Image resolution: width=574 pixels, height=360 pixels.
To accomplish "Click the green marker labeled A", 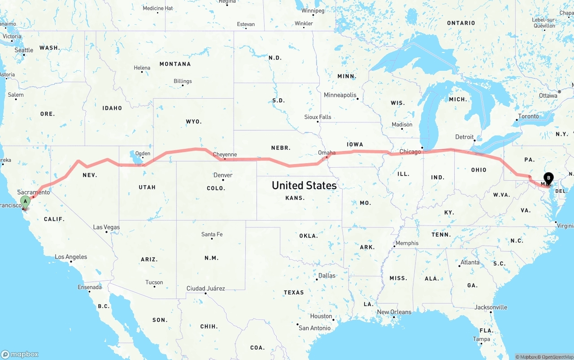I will [x=26, y=202].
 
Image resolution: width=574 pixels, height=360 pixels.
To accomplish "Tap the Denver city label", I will [x=223, y=175].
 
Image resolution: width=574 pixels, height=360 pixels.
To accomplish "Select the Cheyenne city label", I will [x=225, y=155].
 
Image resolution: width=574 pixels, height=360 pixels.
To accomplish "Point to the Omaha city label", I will [x=326, y=153].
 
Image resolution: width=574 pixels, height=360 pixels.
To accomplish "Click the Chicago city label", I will [x=410, y=152].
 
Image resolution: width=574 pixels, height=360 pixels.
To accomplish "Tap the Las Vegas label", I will [x=106, y=227].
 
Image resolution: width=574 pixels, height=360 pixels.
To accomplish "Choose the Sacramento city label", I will [x=34, y=192].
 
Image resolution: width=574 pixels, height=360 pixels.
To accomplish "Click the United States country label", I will [x=304, y=185].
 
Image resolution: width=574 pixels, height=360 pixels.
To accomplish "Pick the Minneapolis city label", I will [x=340, y=95].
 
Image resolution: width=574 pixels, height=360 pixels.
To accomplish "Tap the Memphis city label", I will [x=407, y=243].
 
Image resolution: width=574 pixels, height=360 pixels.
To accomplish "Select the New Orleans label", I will [x=394, y=312].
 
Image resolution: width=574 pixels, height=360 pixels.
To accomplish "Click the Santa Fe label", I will [x=212, y=234].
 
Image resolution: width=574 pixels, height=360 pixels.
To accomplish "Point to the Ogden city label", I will [x=143, y=153].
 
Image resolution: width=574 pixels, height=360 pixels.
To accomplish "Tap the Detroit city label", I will [x=464, y=137].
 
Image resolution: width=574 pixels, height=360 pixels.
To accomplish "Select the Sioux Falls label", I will [x=317, y=117].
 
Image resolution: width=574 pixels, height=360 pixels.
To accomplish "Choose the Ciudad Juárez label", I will [x=206, y=288].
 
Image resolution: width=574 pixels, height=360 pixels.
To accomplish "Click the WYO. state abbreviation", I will [x=194, y=121].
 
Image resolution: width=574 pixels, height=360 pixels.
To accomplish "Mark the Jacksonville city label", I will [x=491, y=308].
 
